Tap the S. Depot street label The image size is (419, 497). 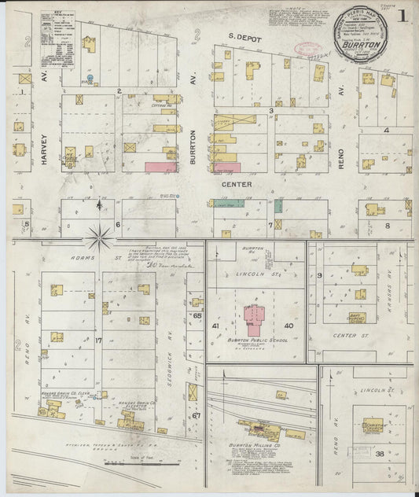click(x=244, y=36)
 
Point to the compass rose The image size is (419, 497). click(x=100, y=232)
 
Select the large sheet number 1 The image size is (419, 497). click(x=402, y=15)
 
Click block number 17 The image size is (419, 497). click(x=99, y=341)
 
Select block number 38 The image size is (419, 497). click(x=380, y=454)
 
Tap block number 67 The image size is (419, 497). click(x=197, y=415)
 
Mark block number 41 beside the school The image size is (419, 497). click(x=215, y=325)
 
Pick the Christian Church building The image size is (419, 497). click(x=373, y=425)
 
